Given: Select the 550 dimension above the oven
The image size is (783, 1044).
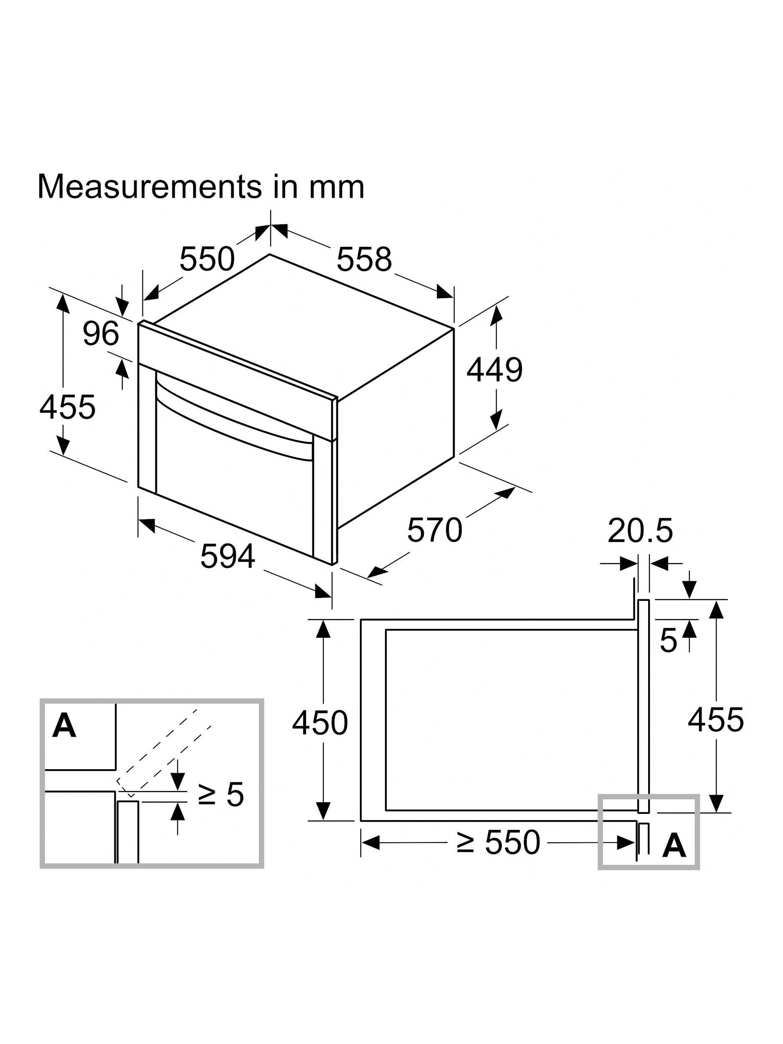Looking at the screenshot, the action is coord(207,259).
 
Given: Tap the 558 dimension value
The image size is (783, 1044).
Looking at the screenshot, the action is coord(364,259).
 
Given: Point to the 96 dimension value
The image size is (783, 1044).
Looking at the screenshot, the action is coord(101,333).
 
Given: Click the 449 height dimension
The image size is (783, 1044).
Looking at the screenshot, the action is coord(494,370).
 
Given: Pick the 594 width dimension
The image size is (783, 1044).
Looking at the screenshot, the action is coord(228,556).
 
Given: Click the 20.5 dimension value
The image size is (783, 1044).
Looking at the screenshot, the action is coord(640,530).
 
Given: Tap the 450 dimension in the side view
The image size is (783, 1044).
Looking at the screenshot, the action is coord(320,722).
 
